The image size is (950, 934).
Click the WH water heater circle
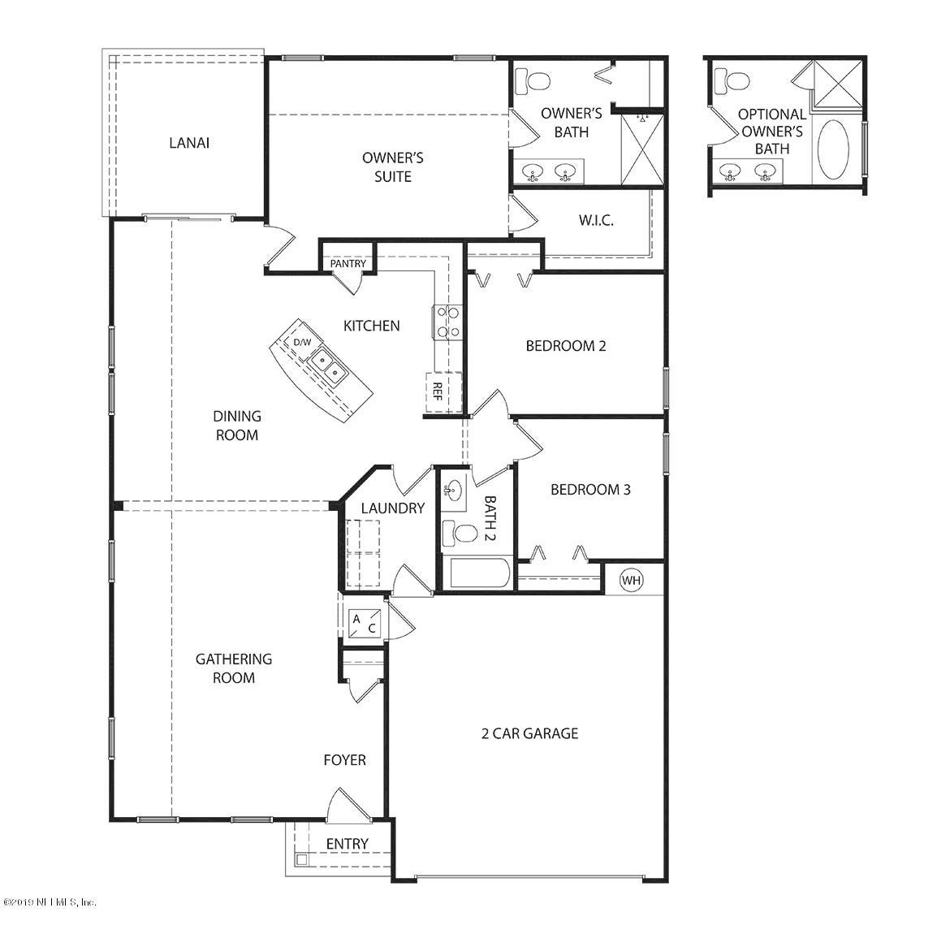pyautogui.click(x=632, y=580)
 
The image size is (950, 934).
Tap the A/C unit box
pyautogui.click(x=365, y=624)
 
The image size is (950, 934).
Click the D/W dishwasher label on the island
pyautogui.click(x=302, y=343)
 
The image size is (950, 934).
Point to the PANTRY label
pyautogui.click(x=348, y=264)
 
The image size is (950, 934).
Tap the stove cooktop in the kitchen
pyautogui.click(x=447, y=322)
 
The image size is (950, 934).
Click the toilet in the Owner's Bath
pyautogui.click(x=531, y=80)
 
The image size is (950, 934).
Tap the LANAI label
pyautogui.click(x=189, y=143)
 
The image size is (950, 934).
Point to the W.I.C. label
pyautogui.click(x=595, y=220)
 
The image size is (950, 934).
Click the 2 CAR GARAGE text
pyautogui.click(x=529, y=733)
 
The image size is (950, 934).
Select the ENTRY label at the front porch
pyautogui.click(x=348, y=844)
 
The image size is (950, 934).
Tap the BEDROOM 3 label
pyautogui.click(x=590, y=489)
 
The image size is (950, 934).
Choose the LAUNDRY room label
pyautogui.click(x=393, y=508)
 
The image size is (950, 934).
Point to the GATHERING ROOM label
pyautogui.click(x=233, y=668)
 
